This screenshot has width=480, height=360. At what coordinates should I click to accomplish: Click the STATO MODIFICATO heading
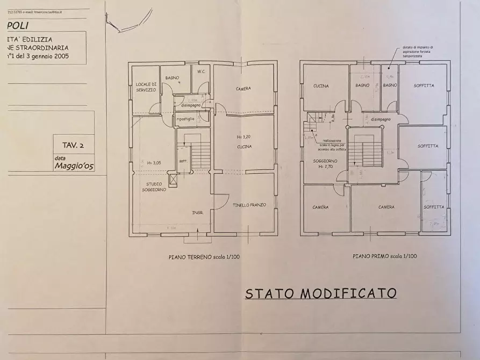(321, 293)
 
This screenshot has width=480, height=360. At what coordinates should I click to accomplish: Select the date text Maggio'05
(74, 167)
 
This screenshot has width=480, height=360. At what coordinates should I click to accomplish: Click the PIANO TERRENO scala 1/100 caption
(204, 257)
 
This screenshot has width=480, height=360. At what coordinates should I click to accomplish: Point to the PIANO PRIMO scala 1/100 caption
(384, 256)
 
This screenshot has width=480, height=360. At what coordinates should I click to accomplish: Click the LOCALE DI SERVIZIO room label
(146, 87)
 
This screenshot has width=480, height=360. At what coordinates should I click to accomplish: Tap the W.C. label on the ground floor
(202, 71)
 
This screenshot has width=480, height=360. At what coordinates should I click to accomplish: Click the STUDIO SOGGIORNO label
(154, 186)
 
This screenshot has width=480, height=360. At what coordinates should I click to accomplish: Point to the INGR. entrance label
(198, 213)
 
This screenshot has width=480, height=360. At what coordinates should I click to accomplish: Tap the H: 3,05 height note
(154, 162)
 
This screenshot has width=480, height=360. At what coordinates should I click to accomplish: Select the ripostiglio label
(185, 118)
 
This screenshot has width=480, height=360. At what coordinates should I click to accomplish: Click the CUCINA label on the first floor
(321, 86)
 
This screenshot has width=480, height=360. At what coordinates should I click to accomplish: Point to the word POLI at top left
(18, 25)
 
